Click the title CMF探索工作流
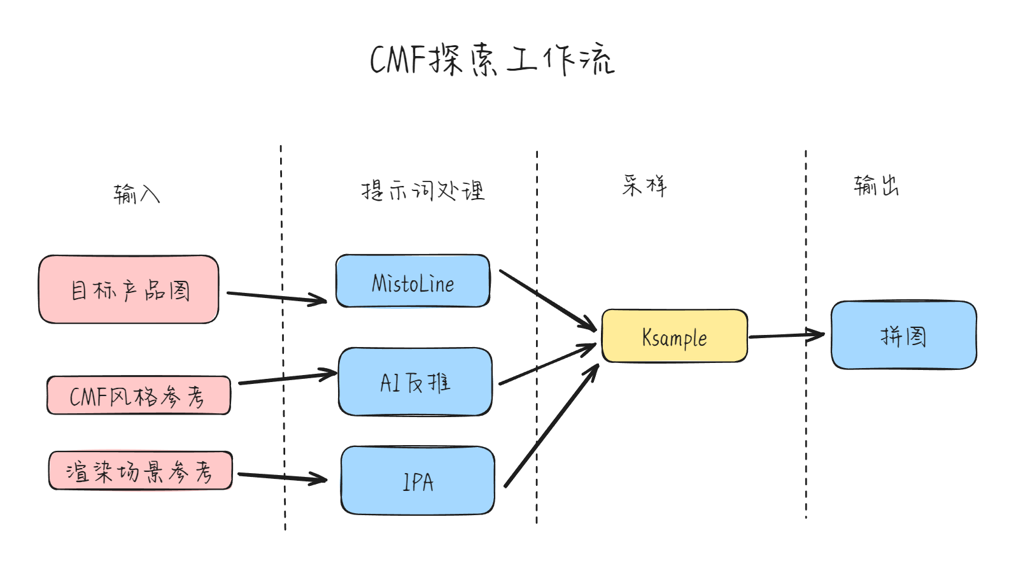[x=492, y=59]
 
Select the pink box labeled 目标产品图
[x=129, y=290]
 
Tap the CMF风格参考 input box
[x=139, y=395]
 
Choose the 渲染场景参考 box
[x=141, y=471]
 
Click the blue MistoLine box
[x=413, y=281]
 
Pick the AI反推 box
[x=415, y=382]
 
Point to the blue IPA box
[x=418, y=481]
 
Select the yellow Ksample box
[x=675, y=336]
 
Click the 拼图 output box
[x=904, y=335]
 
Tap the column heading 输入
[x=137, y=194]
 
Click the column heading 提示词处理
[x=423, y=190]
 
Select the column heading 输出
[x=876, y=185]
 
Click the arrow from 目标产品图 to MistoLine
[x=277, y=297]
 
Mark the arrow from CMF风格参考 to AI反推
[x=288, y=378]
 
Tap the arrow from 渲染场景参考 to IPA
[x=282, y=478]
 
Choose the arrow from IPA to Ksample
[x=552, y=425]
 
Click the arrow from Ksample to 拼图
[x=786, y=336]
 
